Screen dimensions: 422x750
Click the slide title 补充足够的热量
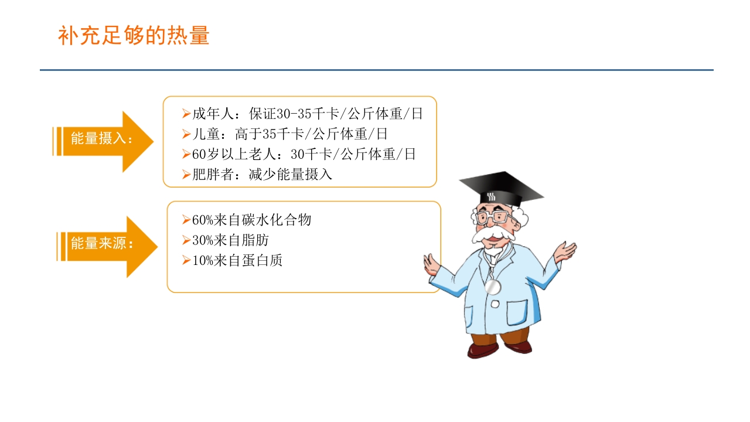click(x=134, y=36)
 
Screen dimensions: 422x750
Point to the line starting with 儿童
click(x=289, y=134)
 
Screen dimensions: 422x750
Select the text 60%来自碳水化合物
click(x=251, y=220)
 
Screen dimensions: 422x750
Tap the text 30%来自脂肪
click(x=230, y=240)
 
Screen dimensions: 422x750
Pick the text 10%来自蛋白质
click(x=237, y=260)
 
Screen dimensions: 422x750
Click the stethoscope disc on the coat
click(x=493, y=287)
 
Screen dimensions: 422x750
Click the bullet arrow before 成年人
click(x=186, y=114)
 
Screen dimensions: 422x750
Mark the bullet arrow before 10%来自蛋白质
click(x=186, y=260)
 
